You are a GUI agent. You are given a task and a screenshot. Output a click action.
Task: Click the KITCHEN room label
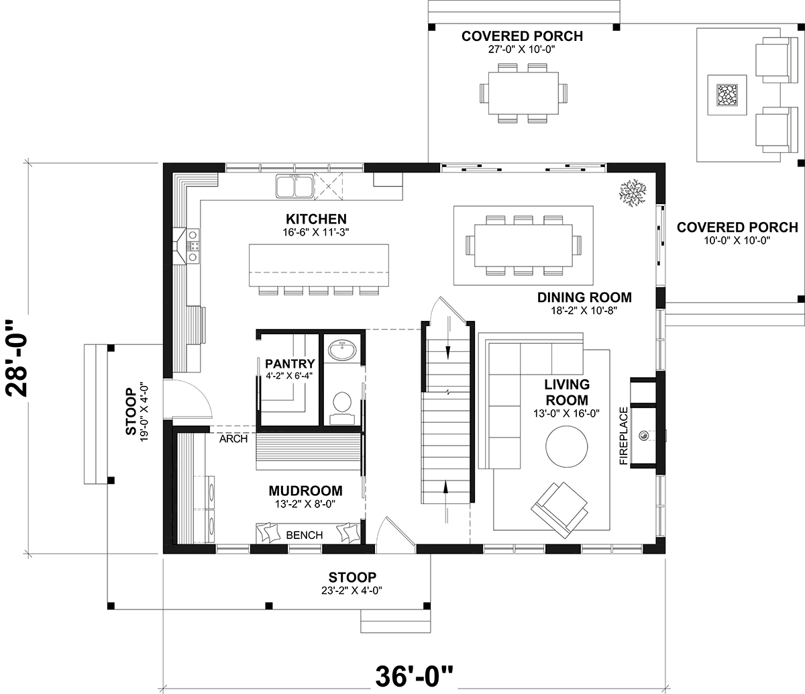click(x=316, y=219)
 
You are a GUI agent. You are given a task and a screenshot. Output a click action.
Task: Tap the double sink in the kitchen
click(x=294, y=187)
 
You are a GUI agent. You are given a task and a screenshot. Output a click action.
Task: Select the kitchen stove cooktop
click(x=194, y=246)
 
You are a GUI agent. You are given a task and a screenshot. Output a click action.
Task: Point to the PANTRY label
click(x=290, y=364)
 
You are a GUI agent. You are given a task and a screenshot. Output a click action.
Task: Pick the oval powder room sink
click(x=342, y=350)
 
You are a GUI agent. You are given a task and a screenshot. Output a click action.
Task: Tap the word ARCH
click(x=233, y=439)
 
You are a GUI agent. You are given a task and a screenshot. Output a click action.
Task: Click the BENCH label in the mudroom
click(x=304, y=535)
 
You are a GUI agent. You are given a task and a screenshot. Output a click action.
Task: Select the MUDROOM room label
click(x=305, y=491)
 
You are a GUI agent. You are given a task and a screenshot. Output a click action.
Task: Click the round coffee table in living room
click(x=567, y=446)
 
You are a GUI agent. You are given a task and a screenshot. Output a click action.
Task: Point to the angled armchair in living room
click(x=559, y=509)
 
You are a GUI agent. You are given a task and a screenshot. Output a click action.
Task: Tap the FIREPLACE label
click(x=624, y=436)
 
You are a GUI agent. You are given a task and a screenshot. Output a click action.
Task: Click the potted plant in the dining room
click(x=633, y=193)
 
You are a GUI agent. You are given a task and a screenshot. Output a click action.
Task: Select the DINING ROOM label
click(x=584, y=297)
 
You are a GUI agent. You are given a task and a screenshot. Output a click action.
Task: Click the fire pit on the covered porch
click(x=727, y=95)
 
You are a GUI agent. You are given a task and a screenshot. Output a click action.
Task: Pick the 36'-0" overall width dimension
click(x=414, y=676)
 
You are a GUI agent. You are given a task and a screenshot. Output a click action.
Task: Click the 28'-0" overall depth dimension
click(x=17, y=358)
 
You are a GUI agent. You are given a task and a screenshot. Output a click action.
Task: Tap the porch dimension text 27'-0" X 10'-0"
click(x=522, y=50)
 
